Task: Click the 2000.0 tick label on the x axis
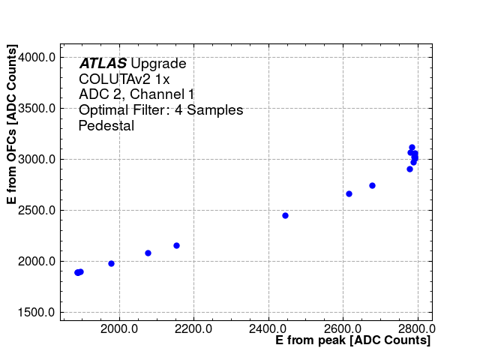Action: coord(118,328)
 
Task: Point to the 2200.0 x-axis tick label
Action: coord(193,328)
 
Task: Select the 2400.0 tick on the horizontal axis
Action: coord(268,328)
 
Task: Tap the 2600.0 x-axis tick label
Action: coord(343,328)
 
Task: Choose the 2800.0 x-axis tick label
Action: coord(418,328)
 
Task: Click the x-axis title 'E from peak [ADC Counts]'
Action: coord(352,340)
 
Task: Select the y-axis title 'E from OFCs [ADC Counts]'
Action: coord(12,125)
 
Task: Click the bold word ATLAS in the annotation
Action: coord(103,64)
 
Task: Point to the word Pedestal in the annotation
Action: coord(106,126)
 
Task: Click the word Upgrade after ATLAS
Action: coord(158,64)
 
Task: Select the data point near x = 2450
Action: coord(285,215)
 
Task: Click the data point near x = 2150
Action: coord(176,245)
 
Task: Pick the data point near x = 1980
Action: coord(111,263)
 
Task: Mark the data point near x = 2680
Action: coord(372,185)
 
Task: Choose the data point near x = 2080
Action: coord(148,253)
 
